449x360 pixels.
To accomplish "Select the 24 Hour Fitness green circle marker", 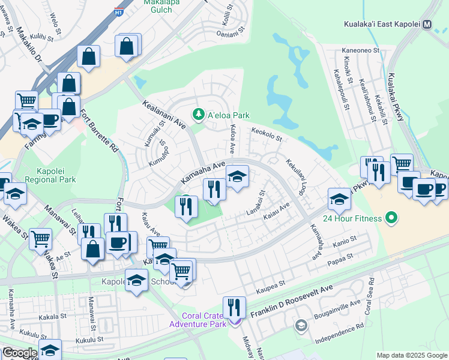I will click(x=392, y=217).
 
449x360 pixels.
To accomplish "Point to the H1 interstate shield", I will click(x=119, y=10).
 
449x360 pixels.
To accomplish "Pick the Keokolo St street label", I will click(x=267, y=134).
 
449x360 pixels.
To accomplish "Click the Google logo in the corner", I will click(x=20, y=353).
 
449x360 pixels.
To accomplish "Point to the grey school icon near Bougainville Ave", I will click(x=301, y=325).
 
